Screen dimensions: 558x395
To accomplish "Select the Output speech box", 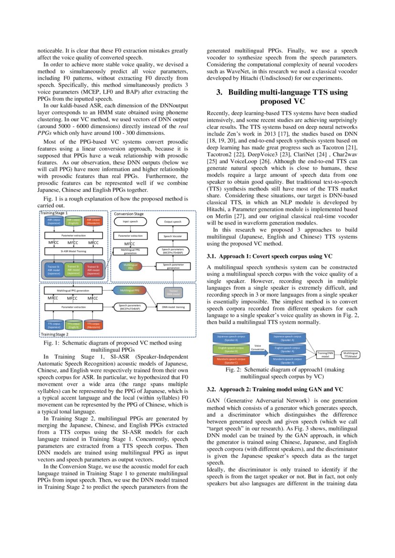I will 173,221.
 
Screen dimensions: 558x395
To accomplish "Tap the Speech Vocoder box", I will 173,236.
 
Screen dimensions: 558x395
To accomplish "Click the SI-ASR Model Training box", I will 73,250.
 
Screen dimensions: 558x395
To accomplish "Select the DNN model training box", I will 173,307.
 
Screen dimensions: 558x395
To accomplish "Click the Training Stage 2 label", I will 54,335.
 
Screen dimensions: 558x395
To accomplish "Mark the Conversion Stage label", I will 128,214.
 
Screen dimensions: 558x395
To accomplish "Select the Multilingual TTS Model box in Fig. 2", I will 351,355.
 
